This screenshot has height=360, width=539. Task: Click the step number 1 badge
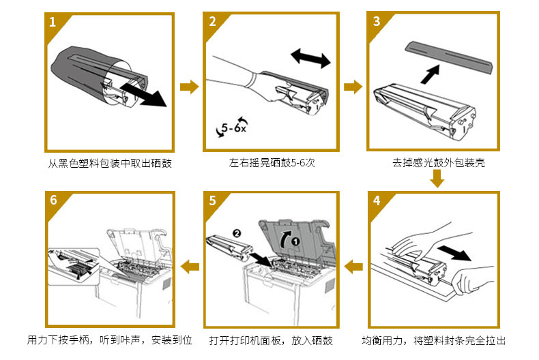(53, 21)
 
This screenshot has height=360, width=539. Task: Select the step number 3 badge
(377, 21)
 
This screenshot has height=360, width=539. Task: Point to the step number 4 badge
(377, 201)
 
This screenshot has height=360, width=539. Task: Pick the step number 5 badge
(213, 201)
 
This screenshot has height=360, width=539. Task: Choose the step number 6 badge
(53, 201)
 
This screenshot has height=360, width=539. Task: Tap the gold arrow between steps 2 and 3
(353, 87)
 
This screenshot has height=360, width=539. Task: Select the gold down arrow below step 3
(437, 178)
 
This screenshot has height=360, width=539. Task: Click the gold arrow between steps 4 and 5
(353, 267)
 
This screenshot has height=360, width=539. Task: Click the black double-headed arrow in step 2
(310, 57)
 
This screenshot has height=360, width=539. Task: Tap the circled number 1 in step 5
(295, 240)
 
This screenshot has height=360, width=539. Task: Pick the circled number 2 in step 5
(237, 232)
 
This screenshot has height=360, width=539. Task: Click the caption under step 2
(272, 163)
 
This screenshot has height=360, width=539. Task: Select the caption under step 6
(109, 340)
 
